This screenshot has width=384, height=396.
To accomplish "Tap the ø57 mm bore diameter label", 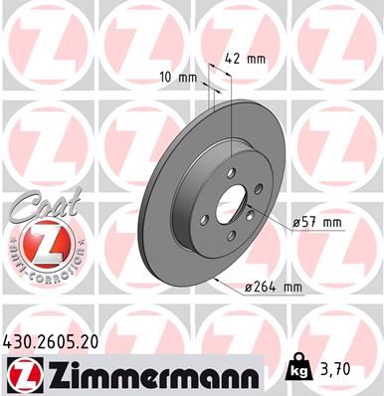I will pos(318,223).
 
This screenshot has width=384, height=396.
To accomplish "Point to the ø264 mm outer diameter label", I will pos(273,288).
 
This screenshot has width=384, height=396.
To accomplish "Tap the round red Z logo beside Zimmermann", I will pos(21,374).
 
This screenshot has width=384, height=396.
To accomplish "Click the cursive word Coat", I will pos(38,205).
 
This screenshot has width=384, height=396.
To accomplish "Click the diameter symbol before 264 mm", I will pos(247,288).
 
